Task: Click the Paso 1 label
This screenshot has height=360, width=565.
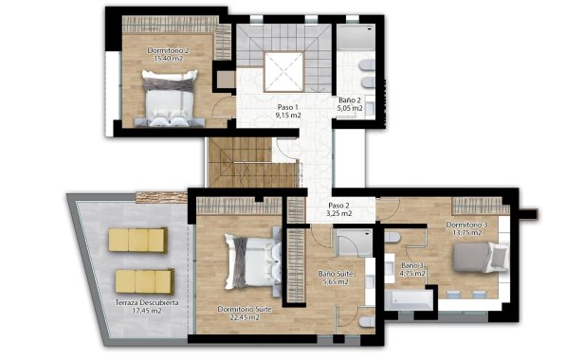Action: coord(288,108)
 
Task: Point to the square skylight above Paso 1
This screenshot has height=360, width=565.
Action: coord(282,68)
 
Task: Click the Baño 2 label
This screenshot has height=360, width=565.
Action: coord(351,99)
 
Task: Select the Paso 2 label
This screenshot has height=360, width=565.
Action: coord(339,206)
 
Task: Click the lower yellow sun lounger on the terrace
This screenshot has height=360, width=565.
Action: coord(143,281)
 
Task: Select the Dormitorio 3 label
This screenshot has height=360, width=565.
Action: coord(466,225)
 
